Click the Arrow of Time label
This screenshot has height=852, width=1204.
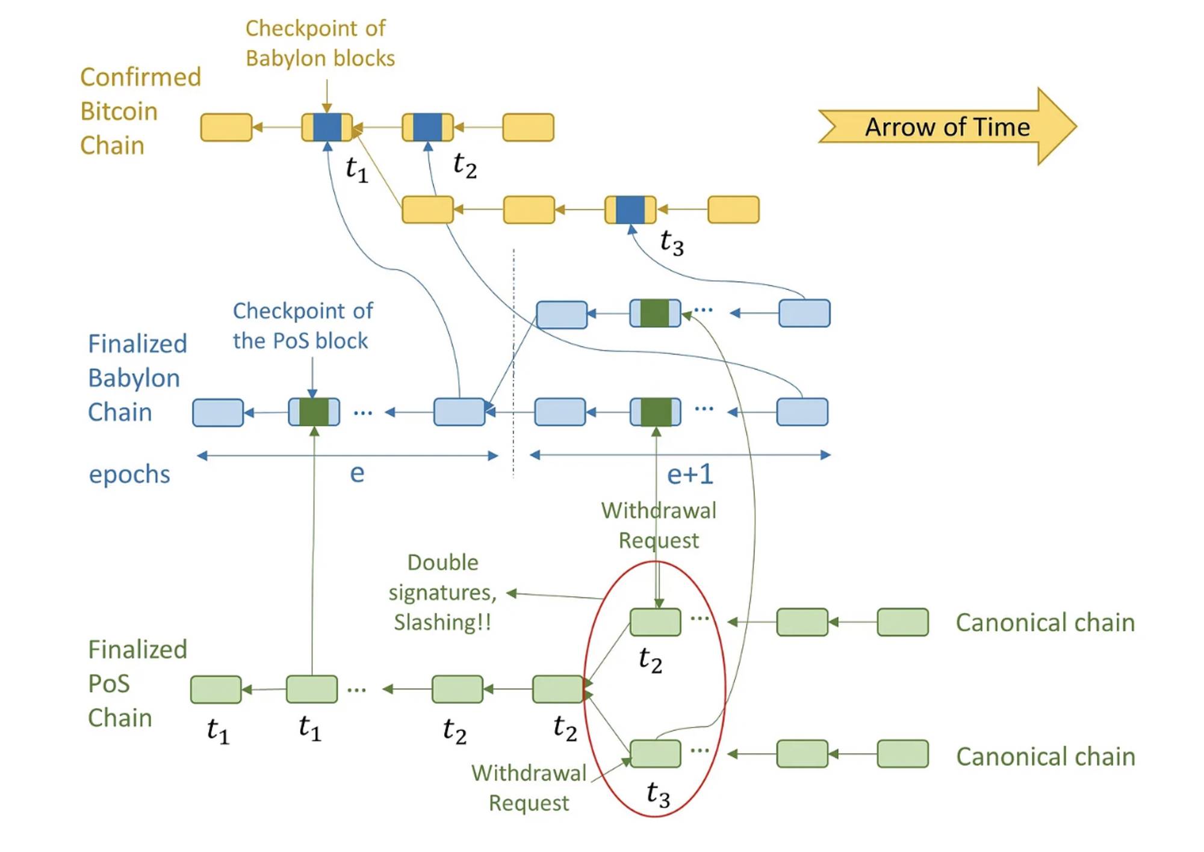pyautogui.click(x=947, y=127)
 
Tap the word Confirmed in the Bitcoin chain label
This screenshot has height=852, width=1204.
pyautogui.click(x=140, y=78)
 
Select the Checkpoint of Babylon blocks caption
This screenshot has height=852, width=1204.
pyautogui.click(x=320, y=43)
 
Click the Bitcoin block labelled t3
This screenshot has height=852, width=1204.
pyautogui.click(x=630, y=209)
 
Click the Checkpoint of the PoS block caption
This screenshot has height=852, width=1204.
pyautogui.click(x=302, y=326)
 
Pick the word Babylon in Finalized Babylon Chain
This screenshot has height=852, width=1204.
pyautogui.click(x=134, y=378)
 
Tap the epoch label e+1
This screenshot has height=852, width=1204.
pyautogui.click(x=690, y=475)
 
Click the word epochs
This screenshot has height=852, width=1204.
pyautogui.click(x=129, y=475)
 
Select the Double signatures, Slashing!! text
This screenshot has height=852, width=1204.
pyautogui.click(x=443, y=592)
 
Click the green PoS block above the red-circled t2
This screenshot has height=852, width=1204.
pyautogui.click(x=655, y=622)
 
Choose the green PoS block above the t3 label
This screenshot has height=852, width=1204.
pyautogui.click(x=655, y=754)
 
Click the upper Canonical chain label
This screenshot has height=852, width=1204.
pyautogui.click(x=1045, y=623)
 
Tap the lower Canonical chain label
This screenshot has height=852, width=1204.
pyautogui.click(x=1045, y=756)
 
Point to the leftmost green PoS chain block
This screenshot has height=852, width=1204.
pyautogui.click(x=216, y=690)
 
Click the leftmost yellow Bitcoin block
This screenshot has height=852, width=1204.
pyautogui.click(x=226, y=128)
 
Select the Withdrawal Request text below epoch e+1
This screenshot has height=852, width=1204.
pyautogui.click(x=659, y=525)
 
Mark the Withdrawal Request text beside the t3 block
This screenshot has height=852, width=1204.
pyautogui.click(x=529, y=788)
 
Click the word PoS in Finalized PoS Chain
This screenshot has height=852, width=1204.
pyautogui.click(x=109, y=684)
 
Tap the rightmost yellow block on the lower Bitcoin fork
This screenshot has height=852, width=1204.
pyautogui.click(x=733, y=209)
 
